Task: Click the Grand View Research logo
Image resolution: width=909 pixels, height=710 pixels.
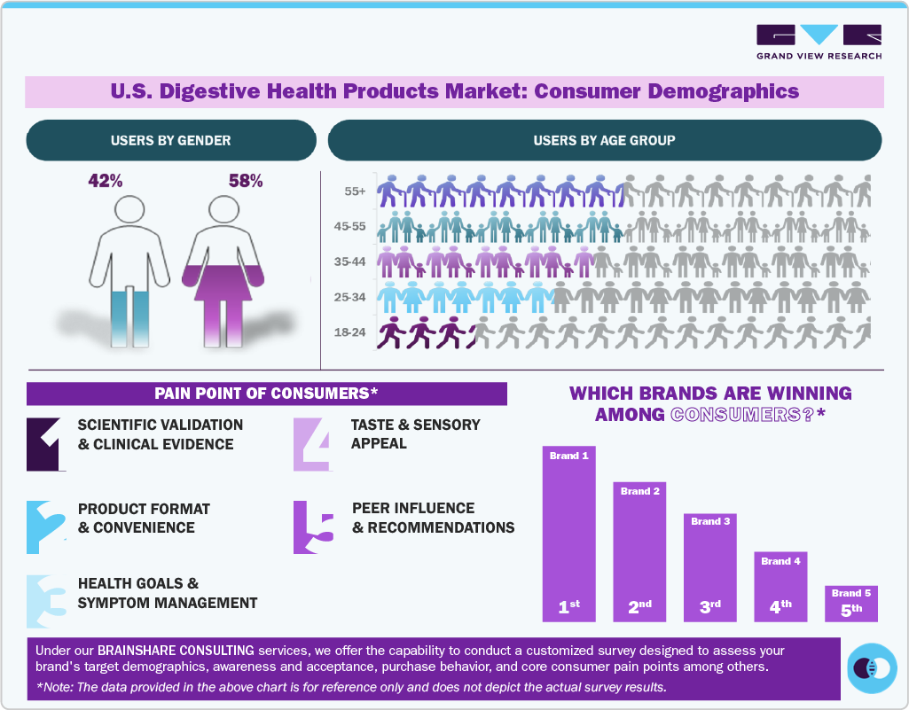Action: point(819,42)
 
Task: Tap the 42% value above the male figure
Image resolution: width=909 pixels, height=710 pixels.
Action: point(106,182)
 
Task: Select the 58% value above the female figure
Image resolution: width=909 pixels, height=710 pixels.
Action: point(246,182)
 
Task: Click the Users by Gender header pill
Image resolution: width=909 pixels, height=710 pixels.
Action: point(171,140)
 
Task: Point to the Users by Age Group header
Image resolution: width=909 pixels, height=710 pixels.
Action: point(604,140)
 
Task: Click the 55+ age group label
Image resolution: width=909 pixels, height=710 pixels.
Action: point(357,191)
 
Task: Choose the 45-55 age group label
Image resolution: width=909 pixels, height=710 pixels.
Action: point(352,226)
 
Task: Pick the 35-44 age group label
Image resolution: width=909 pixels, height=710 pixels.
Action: point(352,262)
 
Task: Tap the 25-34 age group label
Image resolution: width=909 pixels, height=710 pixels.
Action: point(352,298)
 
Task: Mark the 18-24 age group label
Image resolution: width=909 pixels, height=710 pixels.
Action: point(352,334)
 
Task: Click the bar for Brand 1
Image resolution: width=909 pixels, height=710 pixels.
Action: point(568,532)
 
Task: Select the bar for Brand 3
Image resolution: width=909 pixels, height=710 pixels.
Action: point(709,567)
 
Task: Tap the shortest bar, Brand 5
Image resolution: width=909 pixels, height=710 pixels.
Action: point(850,603)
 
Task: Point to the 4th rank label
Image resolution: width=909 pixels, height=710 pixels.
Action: point(780,607)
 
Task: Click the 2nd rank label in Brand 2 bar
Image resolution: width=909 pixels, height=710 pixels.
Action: point(639,607)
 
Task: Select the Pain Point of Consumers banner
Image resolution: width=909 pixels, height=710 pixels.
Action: point(266,394)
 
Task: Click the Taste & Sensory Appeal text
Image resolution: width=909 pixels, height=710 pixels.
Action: point(415,433)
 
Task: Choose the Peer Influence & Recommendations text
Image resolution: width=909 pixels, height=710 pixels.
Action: point(433,518)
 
